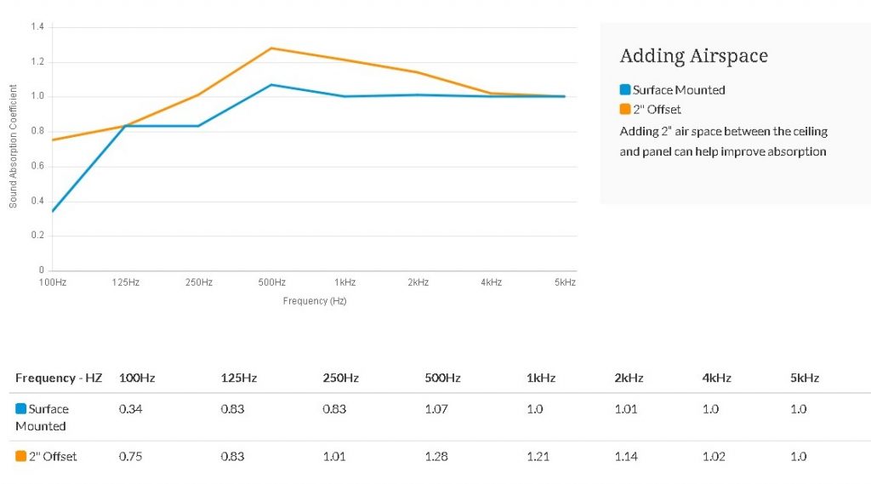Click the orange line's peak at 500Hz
point(271,48)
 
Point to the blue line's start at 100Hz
point(53,211)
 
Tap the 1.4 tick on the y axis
point(37,26)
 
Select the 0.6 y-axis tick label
point(37,166)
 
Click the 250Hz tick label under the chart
point(199,282)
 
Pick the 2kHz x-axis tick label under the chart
point(418,282)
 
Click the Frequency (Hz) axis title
point(315,300)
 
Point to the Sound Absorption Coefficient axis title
point(13,146)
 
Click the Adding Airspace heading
point(694,55)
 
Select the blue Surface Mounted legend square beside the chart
point(625,89)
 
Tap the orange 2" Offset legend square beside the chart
point(625,109)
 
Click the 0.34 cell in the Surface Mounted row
point(130,409)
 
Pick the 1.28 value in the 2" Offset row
point(436,457)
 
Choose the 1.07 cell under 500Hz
point(436,409)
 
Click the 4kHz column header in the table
point(716,378)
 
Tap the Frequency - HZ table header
point(59,378)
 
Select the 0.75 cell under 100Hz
point(130,457)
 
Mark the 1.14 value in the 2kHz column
point(626,457)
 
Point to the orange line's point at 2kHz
point(418,72)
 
